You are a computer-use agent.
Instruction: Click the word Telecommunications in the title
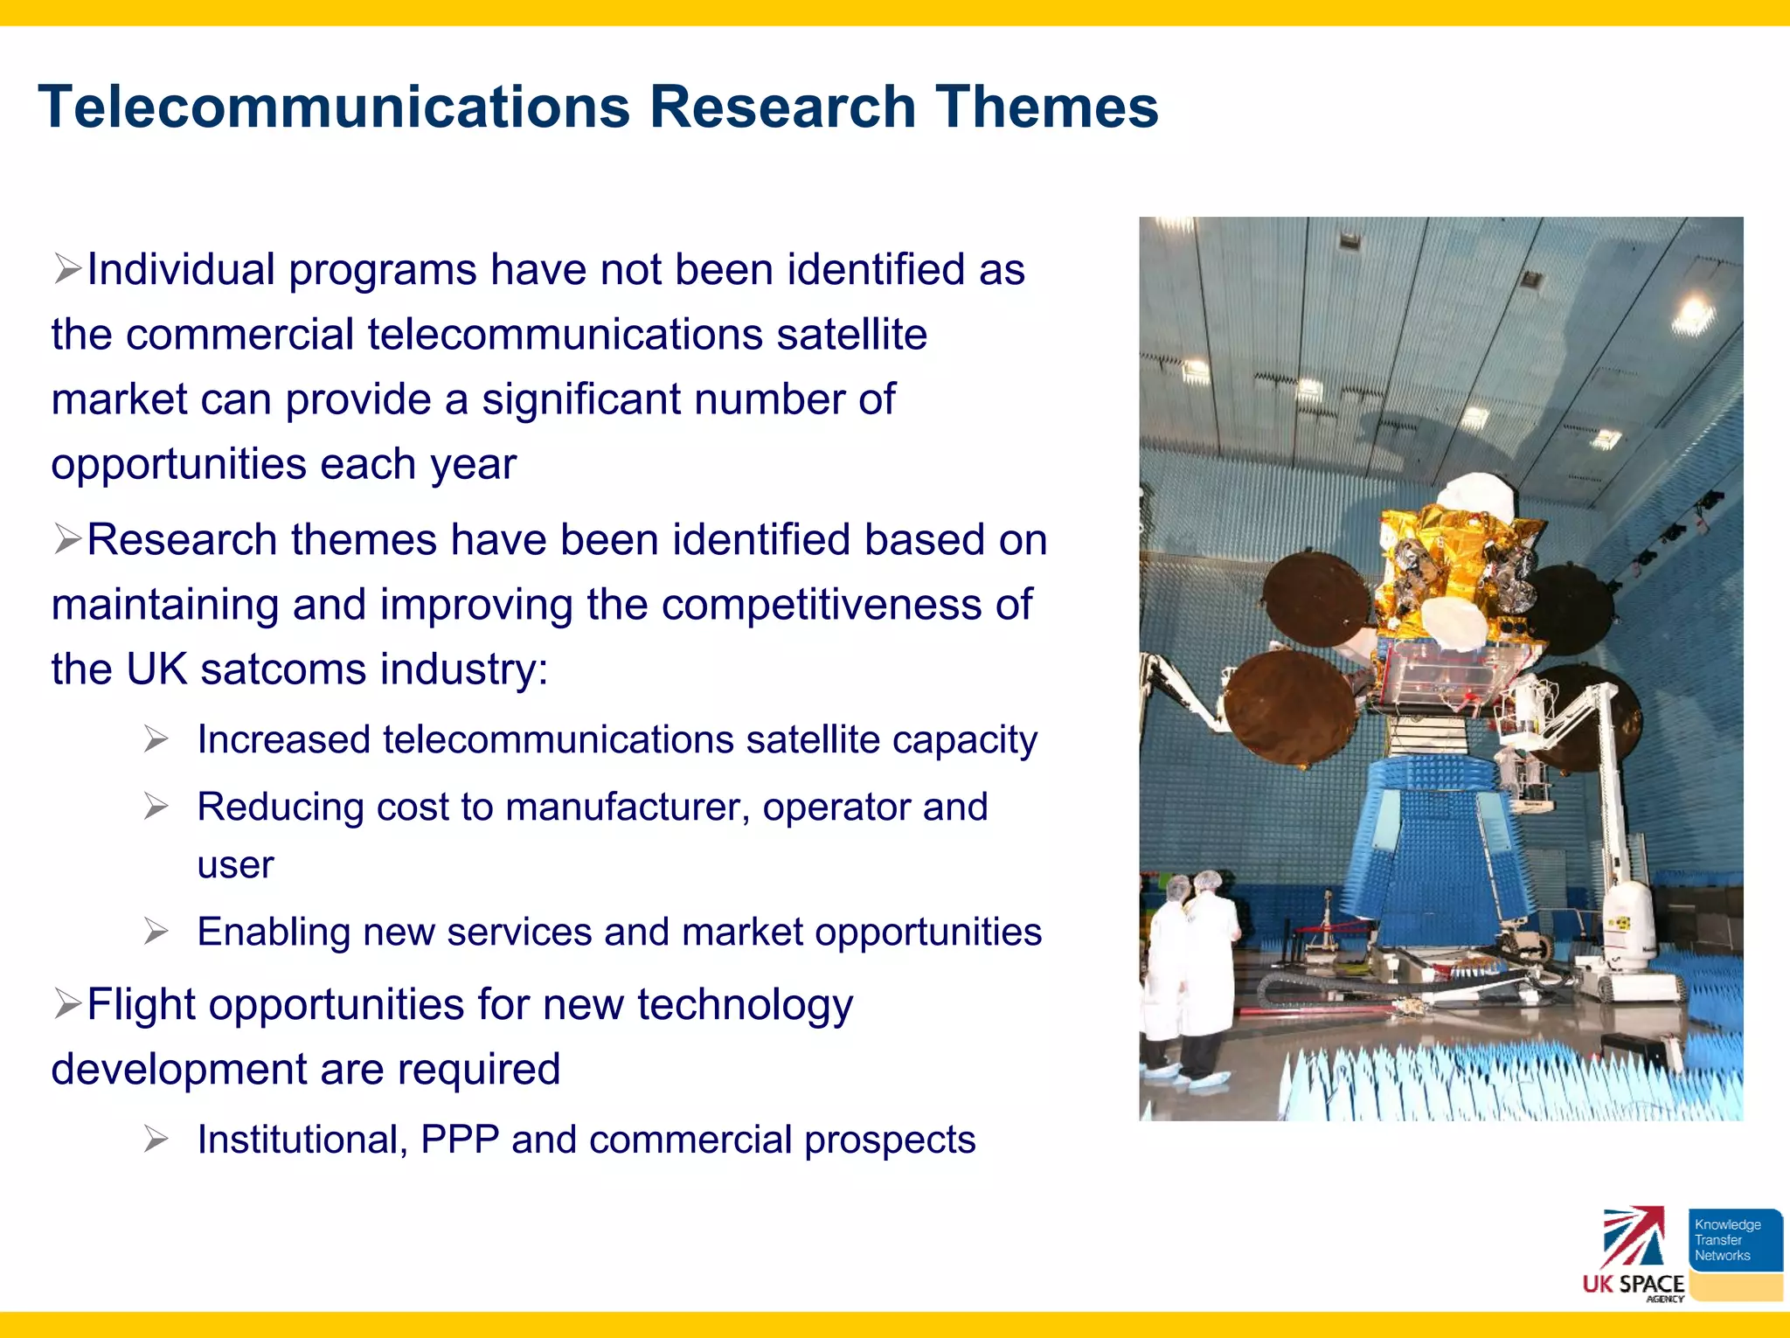334,107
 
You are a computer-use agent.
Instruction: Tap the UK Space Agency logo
1633,1255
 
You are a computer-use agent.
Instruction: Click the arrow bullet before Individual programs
67,269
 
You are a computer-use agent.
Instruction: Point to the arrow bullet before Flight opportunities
67,1004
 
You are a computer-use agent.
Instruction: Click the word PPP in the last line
460,1140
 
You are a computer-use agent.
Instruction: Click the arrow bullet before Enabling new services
156,932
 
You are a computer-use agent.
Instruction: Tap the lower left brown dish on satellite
1285,707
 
